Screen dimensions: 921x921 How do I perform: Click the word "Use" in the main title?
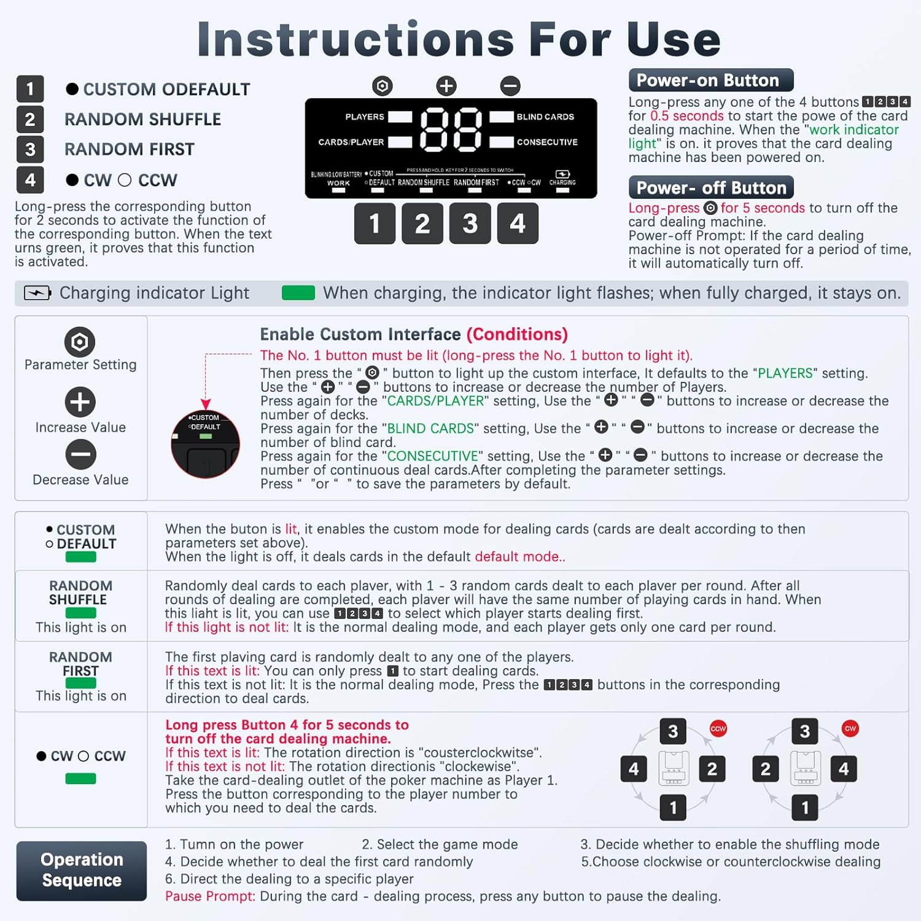[674, 39]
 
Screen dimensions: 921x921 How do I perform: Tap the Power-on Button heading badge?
[710, 80]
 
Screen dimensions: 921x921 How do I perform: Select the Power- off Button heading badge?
[711, 187]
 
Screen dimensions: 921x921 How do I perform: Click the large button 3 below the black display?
[470, 223]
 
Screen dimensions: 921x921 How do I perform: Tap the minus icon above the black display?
[510, 86]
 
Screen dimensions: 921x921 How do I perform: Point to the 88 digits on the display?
[451, 130]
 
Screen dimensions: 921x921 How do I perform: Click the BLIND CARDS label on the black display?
[545, 117]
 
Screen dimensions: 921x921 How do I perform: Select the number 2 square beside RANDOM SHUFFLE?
[30, 119]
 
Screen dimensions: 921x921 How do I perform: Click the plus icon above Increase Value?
[80, 402]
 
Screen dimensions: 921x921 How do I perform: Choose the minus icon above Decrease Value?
[80, 455]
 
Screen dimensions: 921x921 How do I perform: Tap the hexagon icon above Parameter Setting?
[80, 341]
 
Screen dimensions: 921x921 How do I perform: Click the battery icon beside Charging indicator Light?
[37, 293]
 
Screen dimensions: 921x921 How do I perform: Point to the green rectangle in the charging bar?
[298, 293]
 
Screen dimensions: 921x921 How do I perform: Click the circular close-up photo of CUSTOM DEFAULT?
[205, 445]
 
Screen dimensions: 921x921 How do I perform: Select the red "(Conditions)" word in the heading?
[517, 334]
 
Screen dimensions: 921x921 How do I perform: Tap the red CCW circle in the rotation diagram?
[718, 728]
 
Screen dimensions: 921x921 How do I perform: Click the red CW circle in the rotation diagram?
[850, 728]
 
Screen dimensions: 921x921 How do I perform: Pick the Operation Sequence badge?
[82, 870]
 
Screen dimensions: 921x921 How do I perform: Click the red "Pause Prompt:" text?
[210, 896]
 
